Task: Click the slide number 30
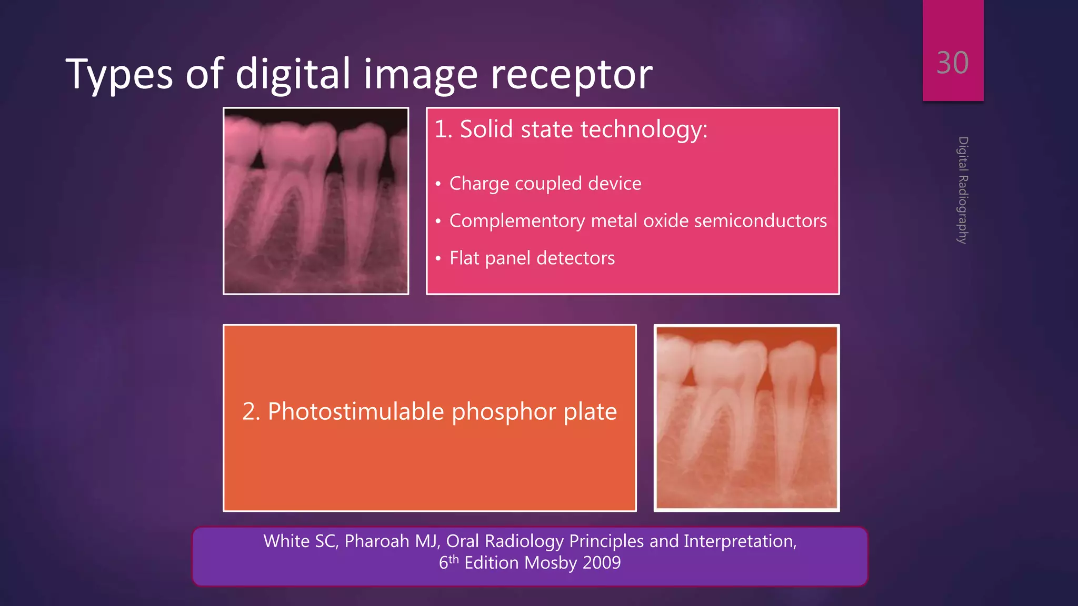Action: pyautogui.click(x=952, y=63)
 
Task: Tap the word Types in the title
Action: pyautogui.click(x=119, y=74)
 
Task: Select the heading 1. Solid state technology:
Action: pyautogui.click(x=571, y=129)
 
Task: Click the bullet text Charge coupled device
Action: pyautogui.click(x=545, y=184)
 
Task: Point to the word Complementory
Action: pyautogui.click(x=517, y=221)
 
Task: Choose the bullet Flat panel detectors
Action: pyautogui.click(x=532, y=258)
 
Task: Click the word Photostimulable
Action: pyautogui.click(x=356, y=411)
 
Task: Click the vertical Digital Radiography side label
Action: pyautogui.click(x=963, y=190)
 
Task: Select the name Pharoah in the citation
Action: pyautogui.click(x=376, y=541)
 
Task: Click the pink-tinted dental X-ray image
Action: pyautogui.click(x=316, y=201)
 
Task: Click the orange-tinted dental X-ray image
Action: pyautogui.click(x=746, y=418)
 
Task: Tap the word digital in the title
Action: pyautogui.click(x=293, y=74)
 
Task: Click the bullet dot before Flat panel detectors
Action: pyautogui.click(x=438, y=259)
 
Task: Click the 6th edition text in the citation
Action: pyautogui.click(x=448, y=562)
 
